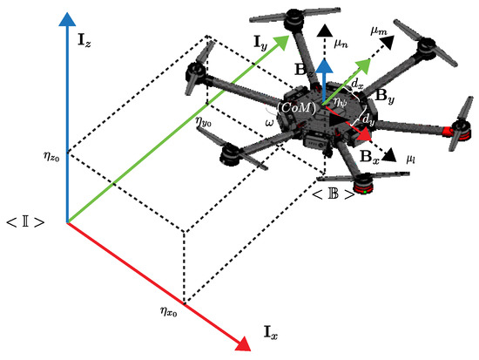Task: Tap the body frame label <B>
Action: click(x=335, y=193)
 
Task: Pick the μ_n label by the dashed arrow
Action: click(x=343, y=38)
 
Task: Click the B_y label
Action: click(x=387, y=100)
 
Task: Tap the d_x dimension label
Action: click(x=358, y=85)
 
